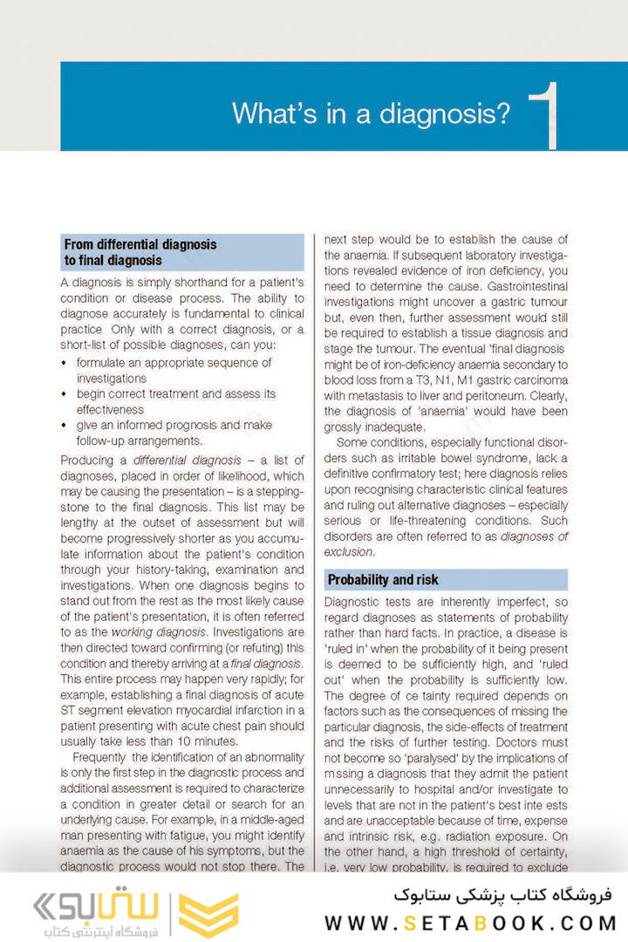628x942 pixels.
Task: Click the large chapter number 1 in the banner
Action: click(545, 113)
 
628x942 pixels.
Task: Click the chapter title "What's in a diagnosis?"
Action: click(371, 114)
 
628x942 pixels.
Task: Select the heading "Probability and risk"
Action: click(382, 580)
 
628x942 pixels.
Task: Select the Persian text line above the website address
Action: click(502, 896)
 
